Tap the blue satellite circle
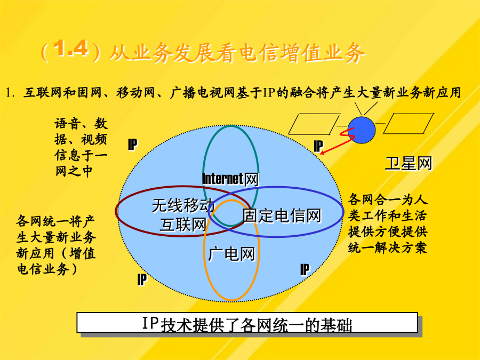click(x=362, y=130)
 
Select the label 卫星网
click(x=409, y=163)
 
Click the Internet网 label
click(x=230, y=179)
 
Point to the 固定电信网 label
click(x=282, y=215)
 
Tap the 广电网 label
click(x=231, y=254)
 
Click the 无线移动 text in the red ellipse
click(x=183, y=205)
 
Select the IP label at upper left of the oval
click(x=133, y=145)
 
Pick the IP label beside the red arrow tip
click(x=318, y=146)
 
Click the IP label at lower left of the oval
click(x=142, y=279)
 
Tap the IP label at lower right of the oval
click(x=305, y=269)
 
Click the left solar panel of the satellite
click(x=314, y=124)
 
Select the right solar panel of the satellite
click(x=409, y=123)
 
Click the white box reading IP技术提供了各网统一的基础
click(x=247, y=323)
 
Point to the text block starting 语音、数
click(x=81, y=148)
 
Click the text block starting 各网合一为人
click(x=388, y=223)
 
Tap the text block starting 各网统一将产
click(x=56, y=245)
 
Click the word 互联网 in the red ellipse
click(x=183, y=225)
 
